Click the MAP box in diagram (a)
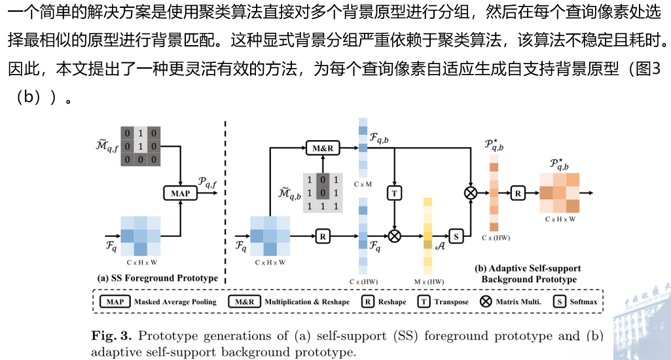[180, 194]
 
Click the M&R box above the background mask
[323, 149]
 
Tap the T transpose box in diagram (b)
[394, 193]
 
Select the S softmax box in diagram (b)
[456, 236]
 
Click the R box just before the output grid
[518, 193]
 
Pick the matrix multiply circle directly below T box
[394, 236]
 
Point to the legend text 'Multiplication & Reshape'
[307, 302]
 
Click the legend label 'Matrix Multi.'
[519, 302]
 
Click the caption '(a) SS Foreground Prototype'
[157, 278]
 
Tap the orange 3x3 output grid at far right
[560, 193]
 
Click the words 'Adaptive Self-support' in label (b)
[528, 268]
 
